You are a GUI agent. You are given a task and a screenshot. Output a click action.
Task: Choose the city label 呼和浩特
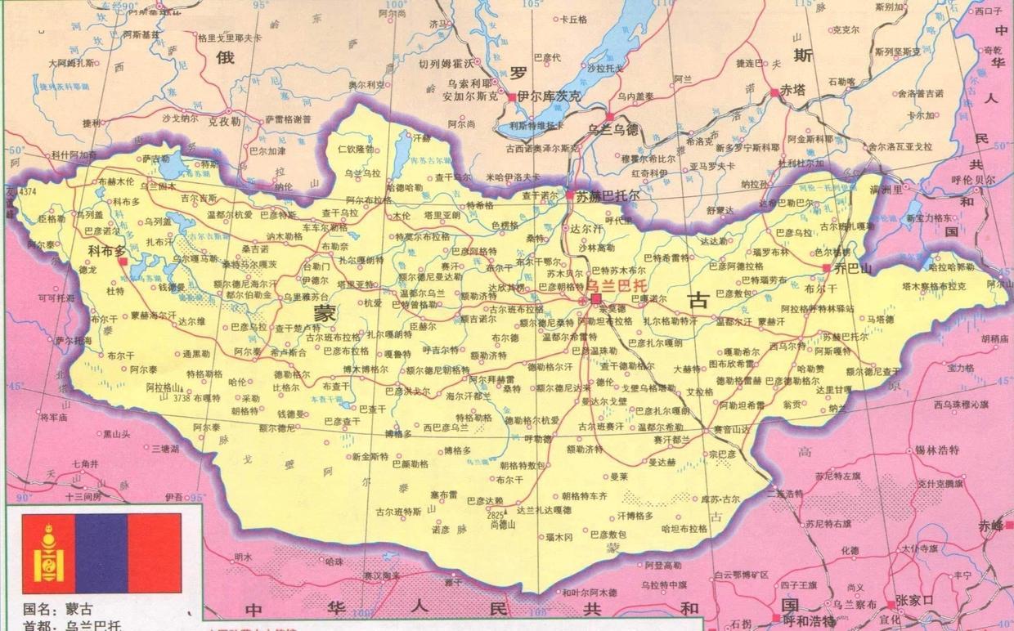coord(808,621)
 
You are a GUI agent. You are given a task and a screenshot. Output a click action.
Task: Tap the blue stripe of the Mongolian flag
coord(101,553)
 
